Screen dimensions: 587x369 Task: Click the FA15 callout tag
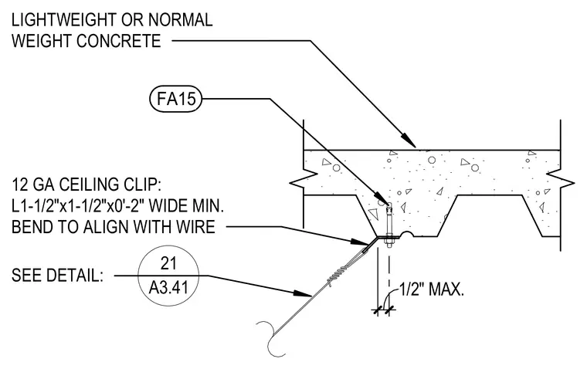click(x=175, y=99)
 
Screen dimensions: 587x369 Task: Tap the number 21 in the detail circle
click(x=168, y=263)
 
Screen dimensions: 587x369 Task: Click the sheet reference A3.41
click(x=168, y=288)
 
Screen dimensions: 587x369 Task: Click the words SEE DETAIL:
click(x=57, y=276)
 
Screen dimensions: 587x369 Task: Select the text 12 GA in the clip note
click(x=34, y=184)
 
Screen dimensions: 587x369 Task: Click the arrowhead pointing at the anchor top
click(x=380, y=197)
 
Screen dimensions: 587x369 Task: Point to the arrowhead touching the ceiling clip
click(x=360, y=242)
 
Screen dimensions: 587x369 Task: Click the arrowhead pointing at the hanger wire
click(x=303, y=293)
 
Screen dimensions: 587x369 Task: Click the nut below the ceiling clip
click(x=389, y=244)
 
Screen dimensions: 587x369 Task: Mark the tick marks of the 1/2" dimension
click(x=384, y=310)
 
